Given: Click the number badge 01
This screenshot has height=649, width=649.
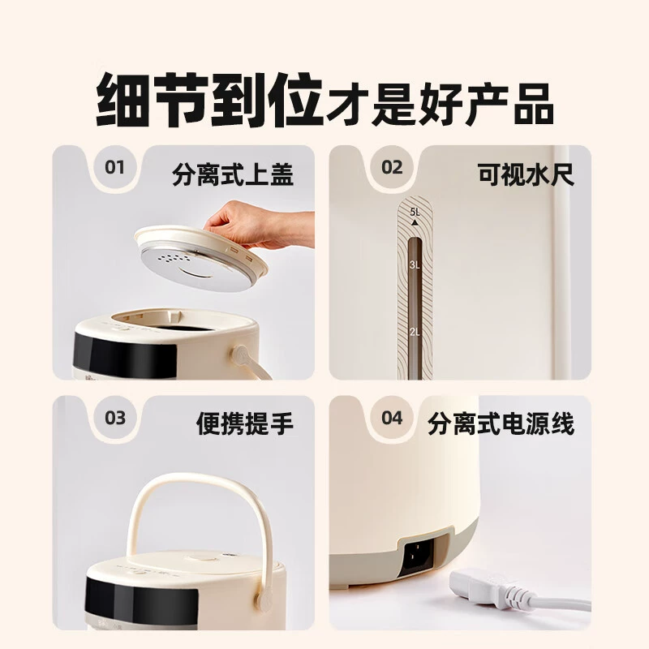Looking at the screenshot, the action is coord(114,168).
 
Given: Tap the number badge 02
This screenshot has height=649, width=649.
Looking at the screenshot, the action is coord(392,168).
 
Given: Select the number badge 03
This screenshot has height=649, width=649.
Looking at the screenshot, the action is coord(114,418).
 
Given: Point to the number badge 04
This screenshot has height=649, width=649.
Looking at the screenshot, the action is coord(392,418).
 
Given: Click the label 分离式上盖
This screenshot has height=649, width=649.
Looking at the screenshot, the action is coord(233,174).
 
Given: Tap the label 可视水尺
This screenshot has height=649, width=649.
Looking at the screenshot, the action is coord(526,174).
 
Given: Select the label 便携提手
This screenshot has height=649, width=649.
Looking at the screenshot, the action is coord(245,423).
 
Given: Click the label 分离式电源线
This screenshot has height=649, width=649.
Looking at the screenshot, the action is coord(501,423).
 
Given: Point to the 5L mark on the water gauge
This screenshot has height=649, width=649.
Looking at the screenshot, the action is coord(415,212).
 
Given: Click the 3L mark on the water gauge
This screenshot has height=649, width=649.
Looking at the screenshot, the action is coord(415,265).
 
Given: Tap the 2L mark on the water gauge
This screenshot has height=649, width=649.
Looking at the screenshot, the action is coord(415,332).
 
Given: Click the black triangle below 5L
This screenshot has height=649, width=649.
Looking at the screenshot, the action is coord(415,222).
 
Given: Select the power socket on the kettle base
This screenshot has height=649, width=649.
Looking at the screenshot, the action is coord(416,555).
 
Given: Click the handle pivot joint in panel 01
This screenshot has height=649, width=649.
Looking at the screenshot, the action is coord(241,356).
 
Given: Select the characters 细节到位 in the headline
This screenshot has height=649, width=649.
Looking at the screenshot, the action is coord(209,100).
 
